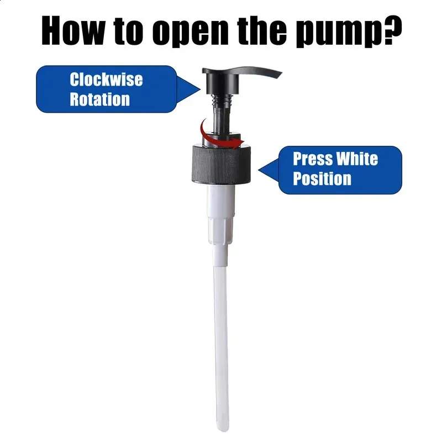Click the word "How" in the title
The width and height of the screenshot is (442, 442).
click(x=72, y=30)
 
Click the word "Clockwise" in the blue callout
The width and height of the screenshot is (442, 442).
click(x=106, y=80)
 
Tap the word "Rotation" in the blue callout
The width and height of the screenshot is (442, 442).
click(x=100, y=99)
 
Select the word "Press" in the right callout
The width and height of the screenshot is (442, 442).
click(x=313, y=159)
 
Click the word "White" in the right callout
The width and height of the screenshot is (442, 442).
click(x=357, y=159)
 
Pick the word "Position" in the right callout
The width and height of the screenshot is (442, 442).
click(x=322, y=178)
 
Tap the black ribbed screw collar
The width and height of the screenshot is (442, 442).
click(x=222, y=164)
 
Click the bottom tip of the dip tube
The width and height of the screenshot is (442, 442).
click(x=223, y=430)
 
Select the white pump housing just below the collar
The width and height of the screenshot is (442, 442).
click(x=221, y=214)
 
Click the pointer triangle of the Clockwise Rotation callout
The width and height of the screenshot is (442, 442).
click(x=188, y=90)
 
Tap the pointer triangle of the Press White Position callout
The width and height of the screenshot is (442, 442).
click(x=269, y=170)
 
